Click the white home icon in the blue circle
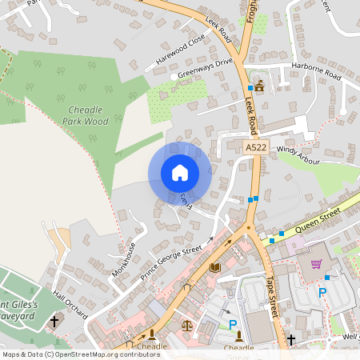tap(179, 173)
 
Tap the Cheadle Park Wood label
tap(85, 115)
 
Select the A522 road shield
tap(256, 148)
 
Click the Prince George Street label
tap(172, 255)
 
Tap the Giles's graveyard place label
tap(26, 310)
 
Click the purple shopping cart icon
tap(316, 264)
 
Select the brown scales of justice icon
tap(187, 325)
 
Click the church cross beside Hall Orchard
tap(54, 322)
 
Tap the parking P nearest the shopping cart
tap(322, 293)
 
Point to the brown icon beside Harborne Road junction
tap(259, 86)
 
